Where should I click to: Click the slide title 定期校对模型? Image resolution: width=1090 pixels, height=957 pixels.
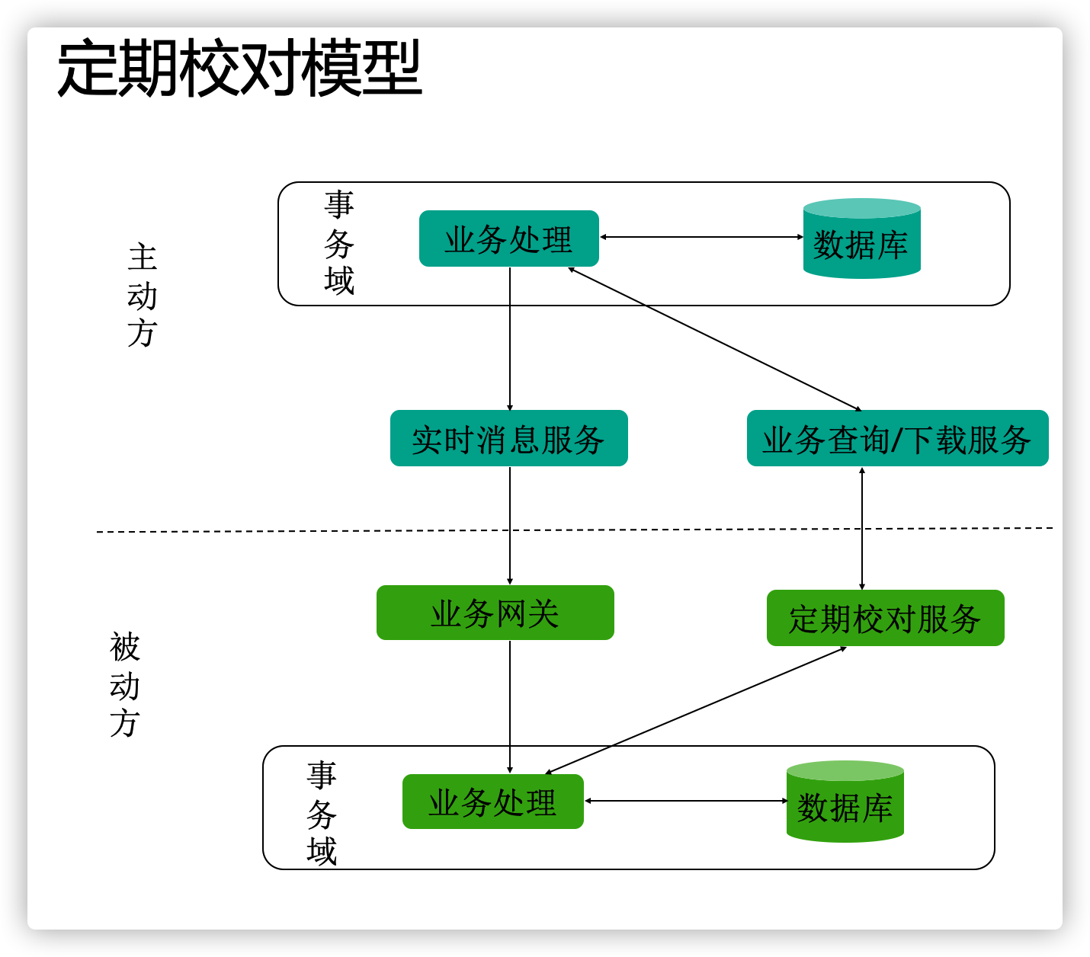(239, 69)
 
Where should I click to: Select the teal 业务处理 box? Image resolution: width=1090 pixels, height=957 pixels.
(508, 239)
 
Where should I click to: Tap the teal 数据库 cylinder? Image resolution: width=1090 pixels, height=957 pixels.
(861, 240)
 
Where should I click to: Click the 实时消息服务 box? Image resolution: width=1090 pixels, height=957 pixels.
(508, 439)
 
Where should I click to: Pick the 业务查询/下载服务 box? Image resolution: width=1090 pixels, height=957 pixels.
(897, 439)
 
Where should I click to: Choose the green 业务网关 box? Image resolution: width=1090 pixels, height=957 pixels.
(495, 613)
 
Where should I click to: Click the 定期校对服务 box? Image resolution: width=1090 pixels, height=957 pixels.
(885, 618)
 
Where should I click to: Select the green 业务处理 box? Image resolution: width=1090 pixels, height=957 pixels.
(492, 802)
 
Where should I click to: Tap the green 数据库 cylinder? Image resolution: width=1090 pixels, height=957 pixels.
(845, 803)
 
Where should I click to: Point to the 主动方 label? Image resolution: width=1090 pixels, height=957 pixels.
(143, 296)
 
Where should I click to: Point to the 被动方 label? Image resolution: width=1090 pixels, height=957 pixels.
(125, 684)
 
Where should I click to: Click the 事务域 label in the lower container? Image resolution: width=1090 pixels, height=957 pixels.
(322, 814)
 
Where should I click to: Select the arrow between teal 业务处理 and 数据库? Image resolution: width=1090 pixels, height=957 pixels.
(701, 237)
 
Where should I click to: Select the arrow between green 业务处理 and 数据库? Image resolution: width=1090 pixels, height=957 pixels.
(686, 801)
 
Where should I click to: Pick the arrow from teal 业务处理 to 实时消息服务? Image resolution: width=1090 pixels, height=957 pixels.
(510, 339)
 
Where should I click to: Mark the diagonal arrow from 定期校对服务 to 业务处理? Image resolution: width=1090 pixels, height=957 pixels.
(695, 710)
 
